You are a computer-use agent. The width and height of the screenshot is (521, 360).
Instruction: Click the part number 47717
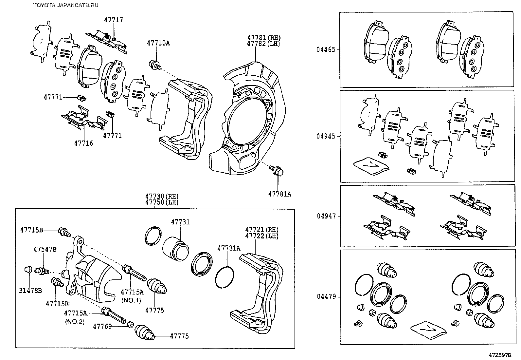114,20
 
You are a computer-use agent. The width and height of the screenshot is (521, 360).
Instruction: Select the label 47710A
158,43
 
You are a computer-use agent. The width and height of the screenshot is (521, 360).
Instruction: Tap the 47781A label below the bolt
279,194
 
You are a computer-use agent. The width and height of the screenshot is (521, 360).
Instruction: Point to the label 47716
83,143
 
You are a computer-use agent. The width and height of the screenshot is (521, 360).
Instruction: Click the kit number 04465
326,49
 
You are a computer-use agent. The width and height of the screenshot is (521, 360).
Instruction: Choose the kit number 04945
326,136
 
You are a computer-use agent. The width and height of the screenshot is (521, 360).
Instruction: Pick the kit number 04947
326,216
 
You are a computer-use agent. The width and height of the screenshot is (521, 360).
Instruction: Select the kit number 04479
326,297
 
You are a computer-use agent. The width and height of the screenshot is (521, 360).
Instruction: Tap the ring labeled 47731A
225,276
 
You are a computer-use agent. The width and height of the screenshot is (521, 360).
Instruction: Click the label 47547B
45,249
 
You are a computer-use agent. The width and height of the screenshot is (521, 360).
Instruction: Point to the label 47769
102,326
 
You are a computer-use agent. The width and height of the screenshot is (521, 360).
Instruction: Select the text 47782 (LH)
264,44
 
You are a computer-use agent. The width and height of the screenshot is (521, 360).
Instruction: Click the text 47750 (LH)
162,202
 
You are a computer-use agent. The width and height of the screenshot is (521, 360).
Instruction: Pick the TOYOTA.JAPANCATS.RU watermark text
65,5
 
